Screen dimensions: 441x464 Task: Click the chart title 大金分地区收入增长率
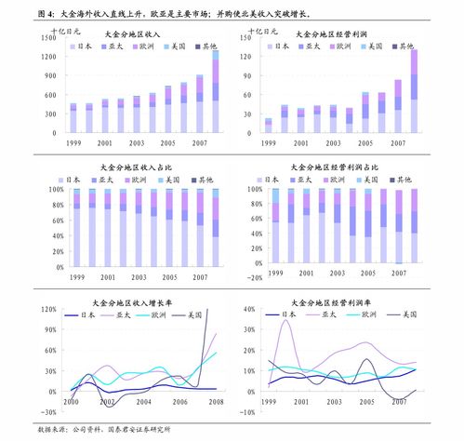point(136,301)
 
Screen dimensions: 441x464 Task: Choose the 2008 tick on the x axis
point(216,402)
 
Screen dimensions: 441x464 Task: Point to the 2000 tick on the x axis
point(71,402)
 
